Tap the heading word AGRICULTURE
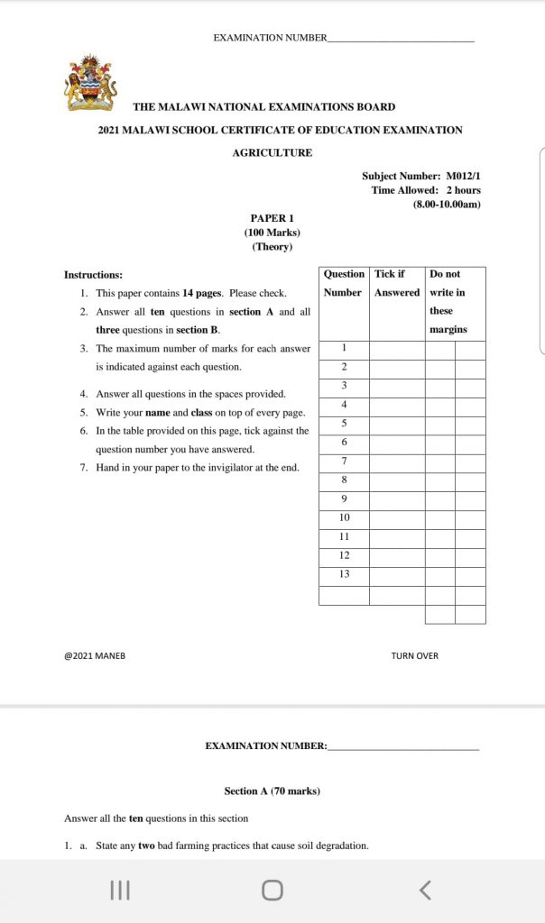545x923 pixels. [272, 152]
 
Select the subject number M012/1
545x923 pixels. [463, 177]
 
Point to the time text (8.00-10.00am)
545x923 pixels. [447, 204]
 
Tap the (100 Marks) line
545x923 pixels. [272, 233]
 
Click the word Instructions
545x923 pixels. [93, 274]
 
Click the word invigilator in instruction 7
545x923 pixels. [231, 468]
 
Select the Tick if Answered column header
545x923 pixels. [397, 283]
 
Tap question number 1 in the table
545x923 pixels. [344, 348]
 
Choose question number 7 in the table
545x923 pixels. [344, 461]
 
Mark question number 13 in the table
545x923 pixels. [344, 574]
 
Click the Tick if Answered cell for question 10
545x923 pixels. [397, 518]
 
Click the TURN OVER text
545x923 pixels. [415, 655]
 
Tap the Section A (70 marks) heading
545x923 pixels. [272, 791]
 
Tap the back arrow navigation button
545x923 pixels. [426, 891]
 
